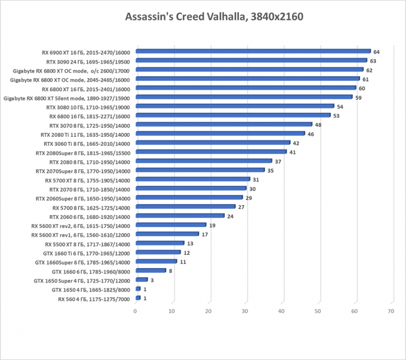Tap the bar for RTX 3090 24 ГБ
[251, 61]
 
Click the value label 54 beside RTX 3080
[339, 106]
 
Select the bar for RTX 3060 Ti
[213, 143]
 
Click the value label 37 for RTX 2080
[278, 161]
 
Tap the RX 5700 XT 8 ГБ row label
[87, 179]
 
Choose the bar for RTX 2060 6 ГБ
[180, 216]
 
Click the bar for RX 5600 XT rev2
[171, 225]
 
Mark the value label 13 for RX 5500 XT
[190, 244]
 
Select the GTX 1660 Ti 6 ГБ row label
[82, 253]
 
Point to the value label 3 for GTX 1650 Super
[152, 280]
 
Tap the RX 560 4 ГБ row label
[94, 298]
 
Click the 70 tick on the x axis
[391, 311]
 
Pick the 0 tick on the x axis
[136, 311]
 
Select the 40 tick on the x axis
[282, 311]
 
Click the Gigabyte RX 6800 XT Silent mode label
[67, 97]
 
